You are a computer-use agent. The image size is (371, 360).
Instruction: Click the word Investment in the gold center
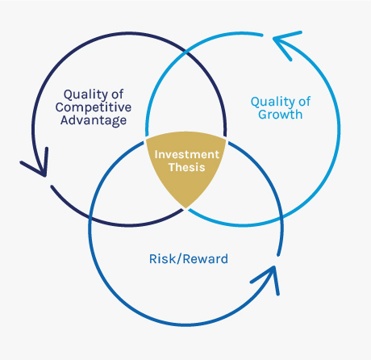coord(187,154)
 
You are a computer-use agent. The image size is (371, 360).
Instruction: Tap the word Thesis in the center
coord(187,167)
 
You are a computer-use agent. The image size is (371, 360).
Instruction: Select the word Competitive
coord(94,107)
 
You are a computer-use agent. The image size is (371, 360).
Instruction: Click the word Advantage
coord(94,120)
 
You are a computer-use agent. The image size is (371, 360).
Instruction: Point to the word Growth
coord(281,115)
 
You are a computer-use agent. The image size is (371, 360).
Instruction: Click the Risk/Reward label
coord(189,259)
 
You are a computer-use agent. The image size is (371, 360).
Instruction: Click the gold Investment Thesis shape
coord(185,167)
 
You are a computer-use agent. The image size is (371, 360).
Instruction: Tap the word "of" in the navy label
coord(118,94)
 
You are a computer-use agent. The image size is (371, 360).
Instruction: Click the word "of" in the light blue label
coord(305,102)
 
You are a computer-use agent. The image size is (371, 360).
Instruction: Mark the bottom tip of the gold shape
coord(185,208)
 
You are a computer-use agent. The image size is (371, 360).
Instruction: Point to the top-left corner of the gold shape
coord(146,139)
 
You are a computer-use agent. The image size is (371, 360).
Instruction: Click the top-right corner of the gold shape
coord(226,139)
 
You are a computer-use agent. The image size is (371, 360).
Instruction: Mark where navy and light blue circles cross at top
coord(186,52)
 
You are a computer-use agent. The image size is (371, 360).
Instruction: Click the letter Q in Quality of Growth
coord(255,102)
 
